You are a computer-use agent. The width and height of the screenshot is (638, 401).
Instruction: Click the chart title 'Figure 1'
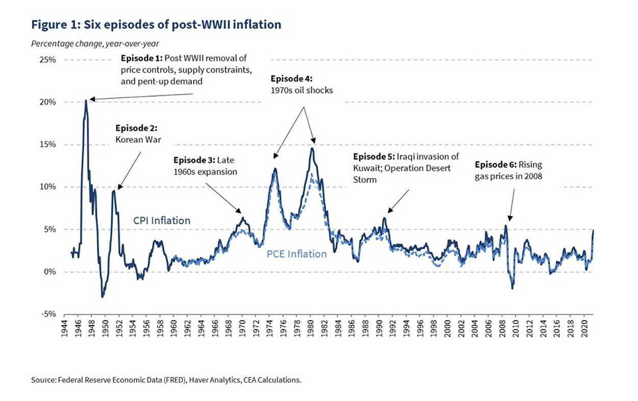coord(156,24)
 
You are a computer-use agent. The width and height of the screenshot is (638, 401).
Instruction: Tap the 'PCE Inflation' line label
coord(297,253)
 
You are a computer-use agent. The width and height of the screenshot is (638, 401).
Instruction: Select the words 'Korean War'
coord(134,138)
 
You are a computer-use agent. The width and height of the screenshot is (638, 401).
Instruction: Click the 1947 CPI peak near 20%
coord(86,100)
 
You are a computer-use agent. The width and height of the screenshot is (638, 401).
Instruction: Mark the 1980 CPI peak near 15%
coord(312,148)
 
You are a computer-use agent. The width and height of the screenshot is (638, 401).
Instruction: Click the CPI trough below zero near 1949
coord(103,296)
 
